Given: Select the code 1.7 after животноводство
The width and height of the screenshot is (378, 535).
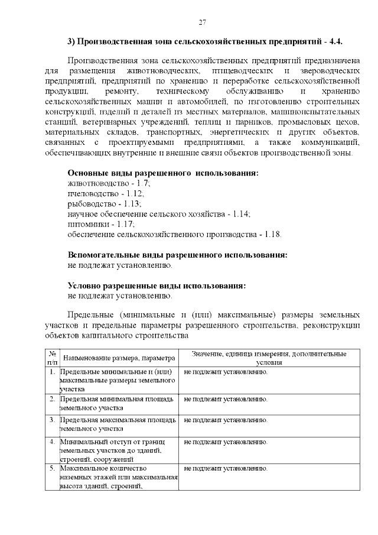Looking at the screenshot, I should click(x=142, y=184).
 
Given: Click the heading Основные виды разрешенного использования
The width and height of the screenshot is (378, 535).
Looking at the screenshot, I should click(x=163, y=174).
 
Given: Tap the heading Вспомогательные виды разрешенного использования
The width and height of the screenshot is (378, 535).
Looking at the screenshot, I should click(x=177, y=255).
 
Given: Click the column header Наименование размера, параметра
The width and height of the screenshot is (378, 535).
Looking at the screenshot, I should click(x=119, y=358).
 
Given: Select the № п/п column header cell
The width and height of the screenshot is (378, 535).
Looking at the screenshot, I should click(x=51, y=358).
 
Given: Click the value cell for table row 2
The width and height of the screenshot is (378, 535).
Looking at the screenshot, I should click(x=226, y=400).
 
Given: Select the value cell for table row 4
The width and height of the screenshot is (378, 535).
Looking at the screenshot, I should click(x=226, y=442).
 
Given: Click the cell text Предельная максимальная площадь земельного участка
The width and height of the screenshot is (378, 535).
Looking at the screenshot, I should click(x=118, y=424).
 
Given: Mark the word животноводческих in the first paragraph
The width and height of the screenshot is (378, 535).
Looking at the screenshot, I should click(x=160, y=70).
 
